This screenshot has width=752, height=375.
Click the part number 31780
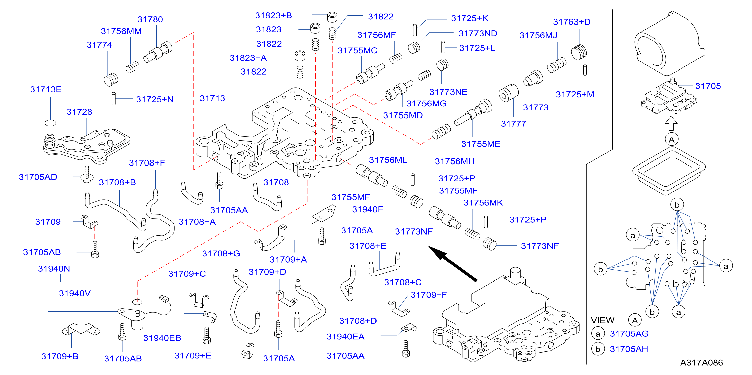(150, 19)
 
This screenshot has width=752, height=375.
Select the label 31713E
(46, 89)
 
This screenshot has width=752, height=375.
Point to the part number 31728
(79, 112)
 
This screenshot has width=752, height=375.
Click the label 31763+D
(572, 22)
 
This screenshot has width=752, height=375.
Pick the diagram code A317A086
(701, 362)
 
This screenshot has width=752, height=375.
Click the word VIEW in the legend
(603, 320)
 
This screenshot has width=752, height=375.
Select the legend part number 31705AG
(629, 334)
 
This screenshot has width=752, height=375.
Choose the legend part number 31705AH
(629, 349)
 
